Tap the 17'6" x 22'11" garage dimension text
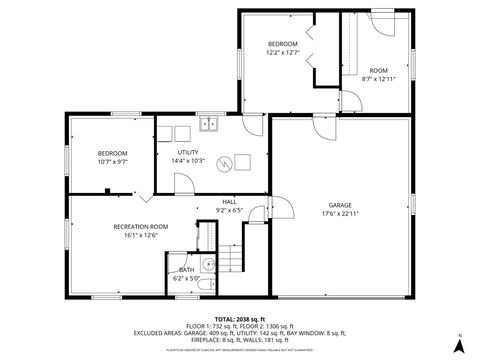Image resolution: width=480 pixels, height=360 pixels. coord(340,213)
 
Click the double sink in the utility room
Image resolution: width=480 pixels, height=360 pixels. coord(209,125)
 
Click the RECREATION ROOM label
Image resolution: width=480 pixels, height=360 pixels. coord(140,227)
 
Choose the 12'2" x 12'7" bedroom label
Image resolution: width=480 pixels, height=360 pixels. coord(282,54)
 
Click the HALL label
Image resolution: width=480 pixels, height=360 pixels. coord(229,201)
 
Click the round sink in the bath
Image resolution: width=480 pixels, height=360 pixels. coord(206,266)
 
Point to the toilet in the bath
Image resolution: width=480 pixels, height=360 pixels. coord(204,285)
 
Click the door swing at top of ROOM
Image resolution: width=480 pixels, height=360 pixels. coord(381,19)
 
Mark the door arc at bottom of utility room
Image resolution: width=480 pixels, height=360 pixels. coord(184,183)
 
